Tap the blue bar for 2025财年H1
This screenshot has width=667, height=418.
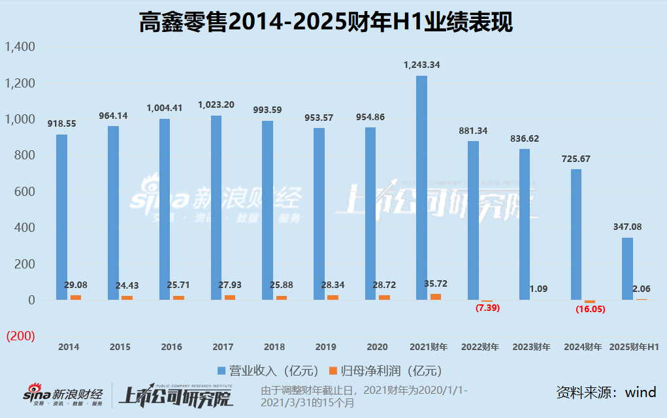[x=627, y=268]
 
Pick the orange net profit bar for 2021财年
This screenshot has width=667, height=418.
[x=436, y=297]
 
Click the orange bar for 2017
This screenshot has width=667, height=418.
[x=230, y=297]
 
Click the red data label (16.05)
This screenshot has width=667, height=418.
[x=591, y=310]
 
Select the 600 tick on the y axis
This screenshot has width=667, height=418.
[x=25, y=192]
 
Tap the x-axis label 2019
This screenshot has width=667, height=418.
[x=325, y=347]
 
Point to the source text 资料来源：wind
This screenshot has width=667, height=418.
[x=606, y=392]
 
